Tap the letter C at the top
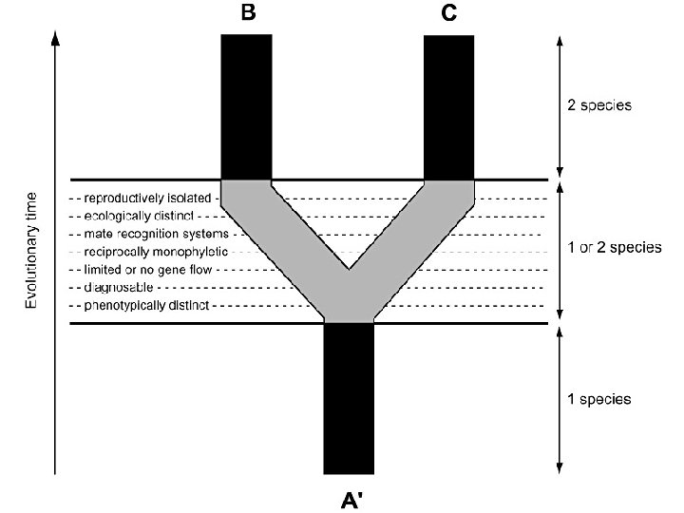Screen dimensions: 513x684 [448, 13]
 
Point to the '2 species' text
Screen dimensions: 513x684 [599, 105]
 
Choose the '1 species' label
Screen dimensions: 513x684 [599, 399]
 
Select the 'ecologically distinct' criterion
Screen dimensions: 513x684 [139, 216]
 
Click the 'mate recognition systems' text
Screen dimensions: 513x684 [156, 234]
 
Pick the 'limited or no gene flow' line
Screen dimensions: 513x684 [147, 270]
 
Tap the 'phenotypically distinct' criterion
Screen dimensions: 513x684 [146, 306]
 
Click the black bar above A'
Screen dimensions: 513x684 [349, 399]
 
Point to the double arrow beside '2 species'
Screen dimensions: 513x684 [559, 104]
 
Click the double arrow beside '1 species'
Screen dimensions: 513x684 [559, 399]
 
